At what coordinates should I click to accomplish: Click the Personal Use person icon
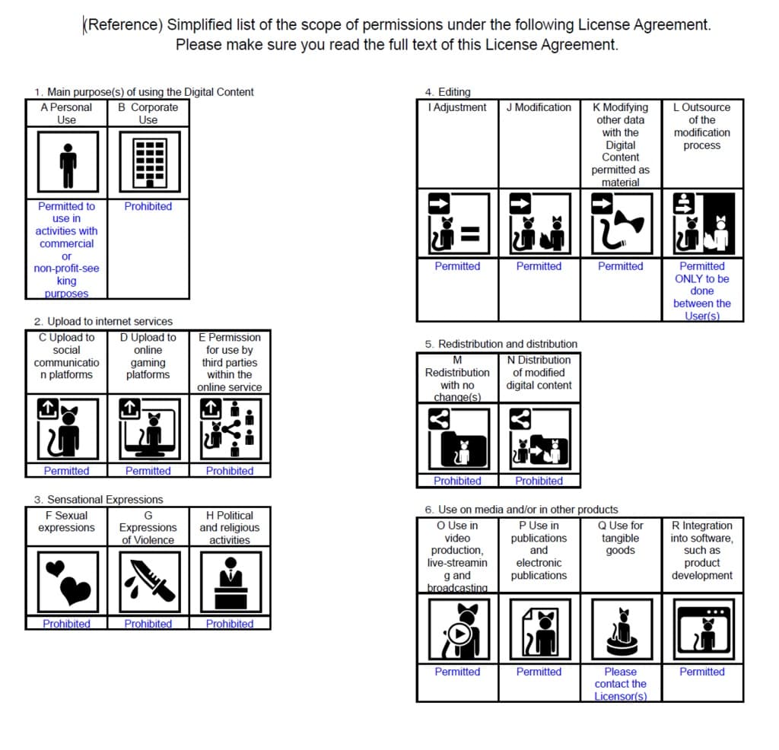click(67, 162)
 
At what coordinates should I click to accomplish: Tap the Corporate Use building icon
click(148, 162)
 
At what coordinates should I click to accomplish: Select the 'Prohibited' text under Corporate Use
click(148, 206)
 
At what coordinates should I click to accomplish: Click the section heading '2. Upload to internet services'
click(103, 321)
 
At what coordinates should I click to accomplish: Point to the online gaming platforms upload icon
click(148, 429)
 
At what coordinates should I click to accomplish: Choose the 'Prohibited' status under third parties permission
click(230, 471)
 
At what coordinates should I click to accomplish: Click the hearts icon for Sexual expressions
click(67, 582)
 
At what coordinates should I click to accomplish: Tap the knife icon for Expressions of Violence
click(148, 582)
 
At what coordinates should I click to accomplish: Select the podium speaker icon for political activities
click(230, 582)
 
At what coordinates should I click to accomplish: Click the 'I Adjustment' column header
click(457, 107)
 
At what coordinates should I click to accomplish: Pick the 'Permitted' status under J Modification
click(539, 266)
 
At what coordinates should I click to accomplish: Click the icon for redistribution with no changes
click(457, 439)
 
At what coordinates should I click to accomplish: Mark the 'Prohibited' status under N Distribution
click(539, 481)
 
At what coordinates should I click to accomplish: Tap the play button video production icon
click(457, 629)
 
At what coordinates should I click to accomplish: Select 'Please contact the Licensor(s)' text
click(620, 684)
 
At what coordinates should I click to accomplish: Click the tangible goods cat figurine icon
click(620, 629)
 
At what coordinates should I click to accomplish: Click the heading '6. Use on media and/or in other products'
click(521, 509)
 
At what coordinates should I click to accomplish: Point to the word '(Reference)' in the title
click(122, 24)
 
